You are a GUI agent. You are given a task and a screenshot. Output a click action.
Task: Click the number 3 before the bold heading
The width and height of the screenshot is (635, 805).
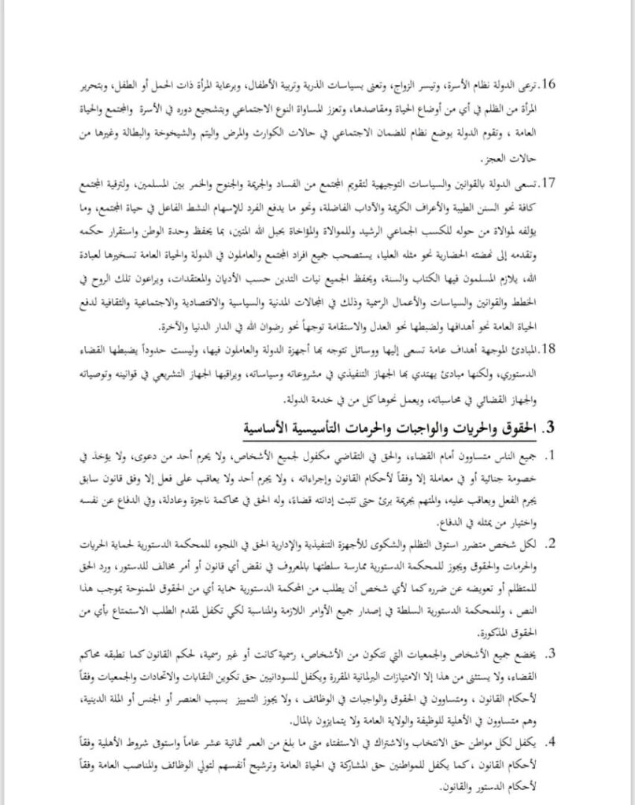tap(551, 428)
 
